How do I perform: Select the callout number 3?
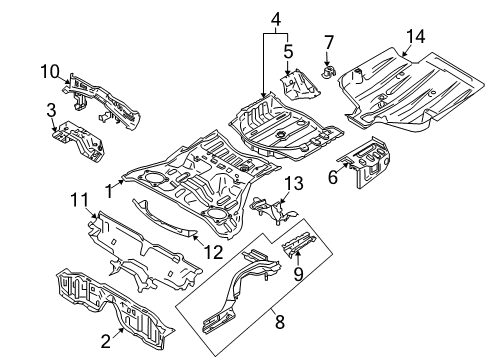(51, 107)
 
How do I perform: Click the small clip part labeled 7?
(330, 72)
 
